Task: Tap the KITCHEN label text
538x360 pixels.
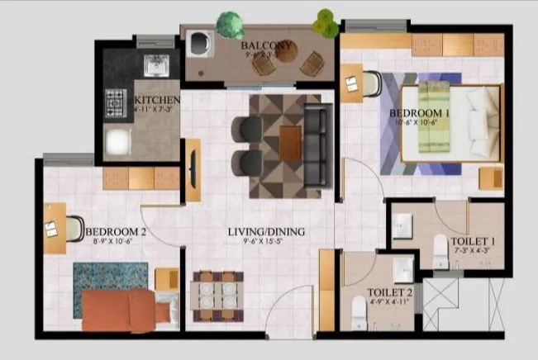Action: [x=157, y=100]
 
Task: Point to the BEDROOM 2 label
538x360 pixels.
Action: [x=116, y=232]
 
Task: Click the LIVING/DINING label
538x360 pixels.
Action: [x=266, y=232]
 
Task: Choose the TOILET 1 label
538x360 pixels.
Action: [x=474, y=243]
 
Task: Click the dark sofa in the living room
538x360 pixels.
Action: [x=314, y=144]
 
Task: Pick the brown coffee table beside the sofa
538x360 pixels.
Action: [x=290, y=144]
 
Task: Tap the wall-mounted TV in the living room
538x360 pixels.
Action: [x=193, y=169]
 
